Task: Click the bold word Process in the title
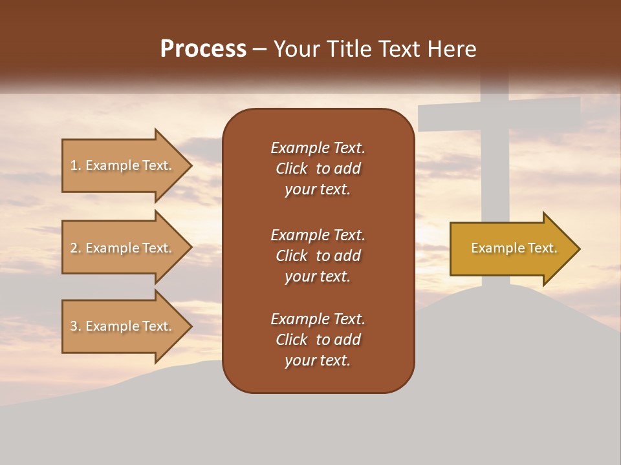point(203,49)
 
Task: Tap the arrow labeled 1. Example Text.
point(121,165)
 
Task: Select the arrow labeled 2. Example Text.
point(121,248)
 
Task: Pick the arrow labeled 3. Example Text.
point(121,326)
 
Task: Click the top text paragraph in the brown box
point(318,169)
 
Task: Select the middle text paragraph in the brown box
point(318,256)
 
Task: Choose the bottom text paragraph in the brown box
point(318,340)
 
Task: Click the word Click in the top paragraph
point(291,169)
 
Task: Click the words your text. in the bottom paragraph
point(318,360)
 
